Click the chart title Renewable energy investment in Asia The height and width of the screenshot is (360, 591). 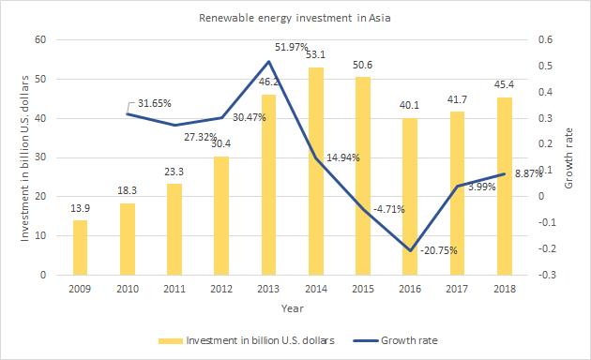tap(295, 18)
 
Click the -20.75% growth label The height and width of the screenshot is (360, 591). tap(440, 251)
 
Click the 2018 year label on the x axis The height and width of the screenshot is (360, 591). tap(505, 287)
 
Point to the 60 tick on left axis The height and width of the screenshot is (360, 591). tap(39, 39)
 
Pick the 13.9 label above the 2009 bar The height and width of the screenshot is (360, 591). tap(81, 207)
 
